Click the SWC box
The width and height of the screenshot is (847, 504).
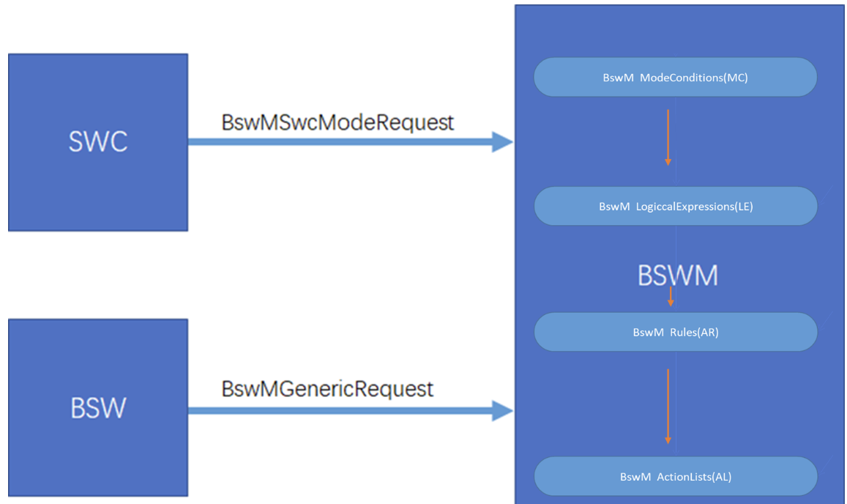(x=98, y=183)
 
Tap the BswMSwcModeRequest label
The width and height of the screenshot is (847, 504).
(x=337, y=122)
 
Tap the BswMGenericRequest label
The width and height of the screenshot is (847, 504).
(x=327, y=388)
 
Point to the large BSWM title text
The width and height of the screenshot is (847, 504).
(x=677, y=275)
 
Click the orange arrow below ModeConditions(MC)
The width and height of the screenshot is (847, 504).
(x=668, y=138)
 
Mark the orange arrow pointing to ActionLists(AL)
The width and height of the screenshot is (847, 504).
(x=668, y=407)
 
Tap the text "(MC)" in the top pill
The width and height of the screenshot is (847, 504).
(x=735, y=78)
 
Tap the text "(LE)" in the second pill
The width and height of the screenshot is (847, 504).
(x=743, y=207)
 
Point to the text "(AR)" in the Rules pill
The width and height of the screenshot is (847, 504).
(x=708, y=333)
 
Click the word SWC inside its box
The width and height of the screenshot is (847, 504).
(x=98, y=141)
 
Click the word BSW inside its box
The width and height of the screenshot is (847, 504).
(x=98, y=408)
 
